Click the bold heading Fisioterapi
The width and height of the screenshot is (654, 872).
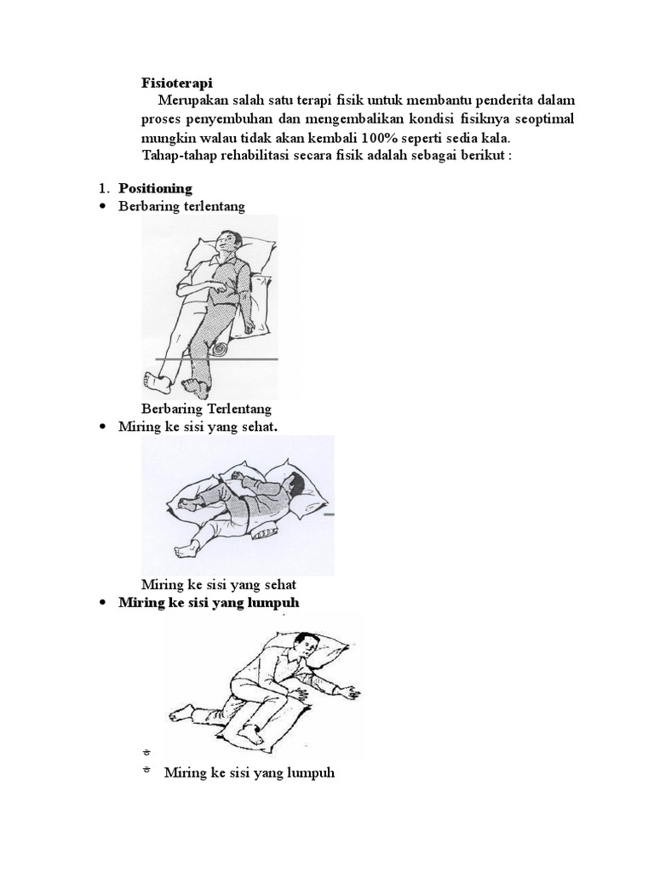(176, 83)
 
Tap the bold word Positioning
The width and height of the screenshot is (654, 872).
(155, 188)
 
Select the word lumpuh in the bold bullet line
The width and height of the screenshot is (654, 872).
(274, 603)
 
